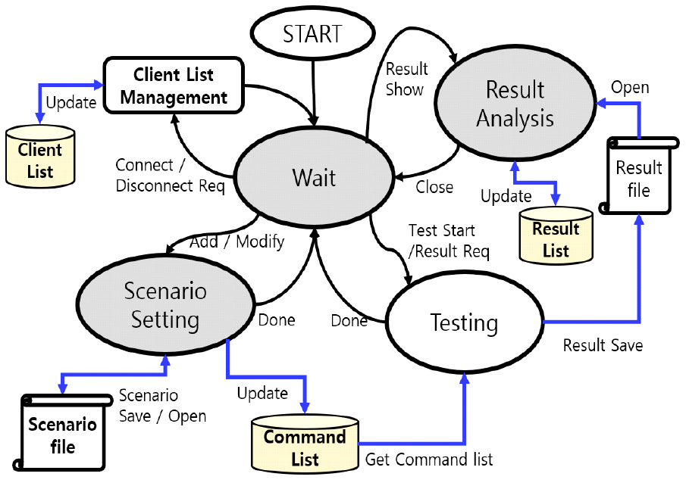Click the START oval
pyautogui.click(x=312, y=34)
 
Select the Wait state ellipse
pyautogui.click(x=314, y=178)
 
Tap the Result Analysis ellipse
pyautogui.click(x=515, y=104)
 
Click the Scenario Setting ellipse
pyautogui.click(x=164, y=305)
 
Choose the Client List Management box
pyautogui.click(x=174, y=86)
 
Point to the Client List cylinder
pyautogui.click(x=40, y=158)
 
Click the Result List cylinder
pyautogui.click(x=556, y=234)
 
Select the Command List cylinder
pyautogui.click(x=305, y=444)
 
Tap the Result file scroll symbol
pyautogui.click(x=638, y=177)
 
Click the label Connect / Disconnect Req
pyautogui.click(x=170, y=175)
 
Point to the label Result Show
pyautogui.click(x=406, y=79)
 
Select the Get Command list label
pyautogui.click(x=429, y=460)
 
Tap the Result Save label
pyautogui.click(x=603, y=345)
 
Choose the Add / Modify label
pyautogui.click(x=237, y=241)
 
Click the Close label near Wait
pyautogui.click(x=434, y=186)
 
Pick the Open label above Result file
pyautogui.click(x=630, y=87)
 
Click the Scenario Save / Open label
pyautogui.click(x=162, y=406)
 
